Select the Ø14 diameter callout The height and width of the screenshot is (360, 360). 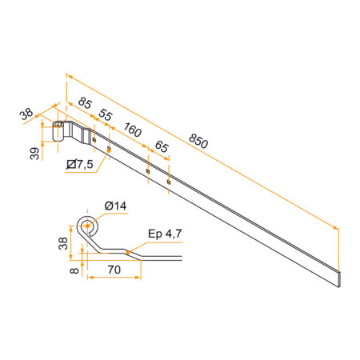[x=115, y=207]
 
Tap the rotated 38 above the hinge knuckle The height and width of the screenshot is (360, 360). [x=28, y=114]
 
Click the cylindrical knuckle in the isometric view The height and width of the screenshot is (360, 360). [x=58, y=131]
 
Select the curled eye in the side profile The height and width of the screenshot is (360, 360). [x=87, y=228]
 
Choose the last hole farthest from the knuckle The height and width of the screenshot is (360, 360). [x=168, y=181]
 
